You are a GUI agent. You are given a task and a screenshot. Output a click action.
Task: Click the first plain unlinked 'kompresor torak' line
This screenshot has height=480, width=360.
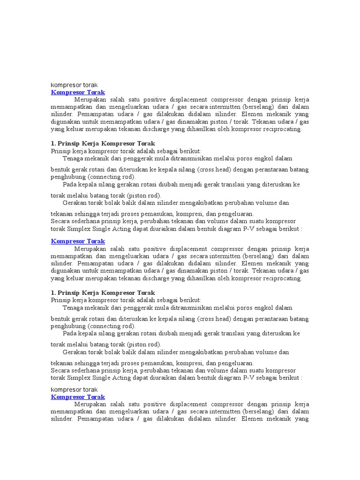pos(74,85)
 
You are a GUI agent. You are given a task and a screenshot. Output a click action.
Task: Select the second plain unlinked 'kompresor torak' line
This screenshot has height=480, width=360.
pos(74,390)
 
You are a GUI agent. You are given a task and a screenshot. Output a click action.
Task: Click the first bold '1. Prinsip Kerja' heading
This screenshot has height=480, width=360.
pos(103,143)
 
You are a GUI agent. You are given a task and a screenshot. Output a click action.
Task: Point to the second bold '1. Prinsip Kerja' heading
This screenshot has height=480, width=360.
pos(103,293)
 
